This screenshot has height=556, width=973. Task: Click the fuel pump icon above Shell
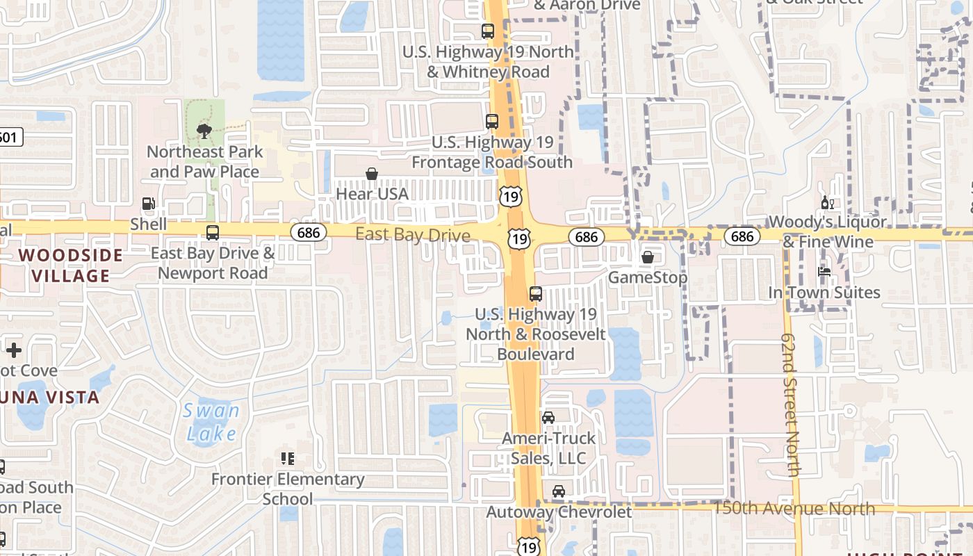[x=148, y=204]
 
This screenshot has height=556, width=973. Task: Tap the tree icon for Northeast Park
[x=204, y=131]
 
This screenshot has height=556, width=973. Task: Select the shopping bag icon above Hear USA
[x=372, y=174]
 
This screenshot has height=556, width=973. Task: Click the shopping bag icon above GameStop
[x=648, y=257]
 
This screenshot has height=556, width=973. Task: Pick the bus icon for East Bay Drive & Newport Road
[x=213, y=233]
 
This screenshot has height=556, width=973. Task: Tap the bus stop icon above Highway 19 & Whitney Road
[x=488, y=31]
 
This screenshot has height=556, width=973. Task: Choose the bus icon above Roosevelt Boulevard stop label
[x=535, y=293]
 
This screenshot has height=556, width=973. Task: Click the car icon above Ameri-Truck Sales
[x=548, y=417]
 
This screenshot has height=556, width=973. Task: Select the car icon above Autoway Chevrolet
[x=558, y=491]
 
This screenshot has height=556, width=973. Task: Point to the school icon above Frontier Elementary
[x=288, y=459]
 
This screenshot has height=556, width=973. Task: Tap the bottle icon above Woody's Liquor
[x=827, y=203]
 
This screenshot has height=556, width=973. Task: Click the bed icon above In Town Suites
[x=824, y=272]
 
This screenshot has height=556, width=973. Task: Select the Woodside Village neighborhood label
[x=71, y=265]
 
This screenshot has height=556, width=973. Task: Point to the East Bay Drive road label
[x=413, y=235]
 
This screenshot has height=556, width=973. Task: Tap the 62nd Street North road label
[x=790, y=404]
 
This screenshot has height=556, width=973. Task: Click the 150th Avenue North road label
[x=794, y=509]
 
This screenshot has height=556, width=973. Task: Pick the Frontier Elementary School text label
[x=288, y=489]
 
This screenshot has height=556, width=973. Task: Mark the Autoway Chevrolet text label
[x=559, y=512]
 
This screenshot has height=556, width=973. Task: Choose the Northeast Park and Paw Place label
[x=204, y=161]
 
